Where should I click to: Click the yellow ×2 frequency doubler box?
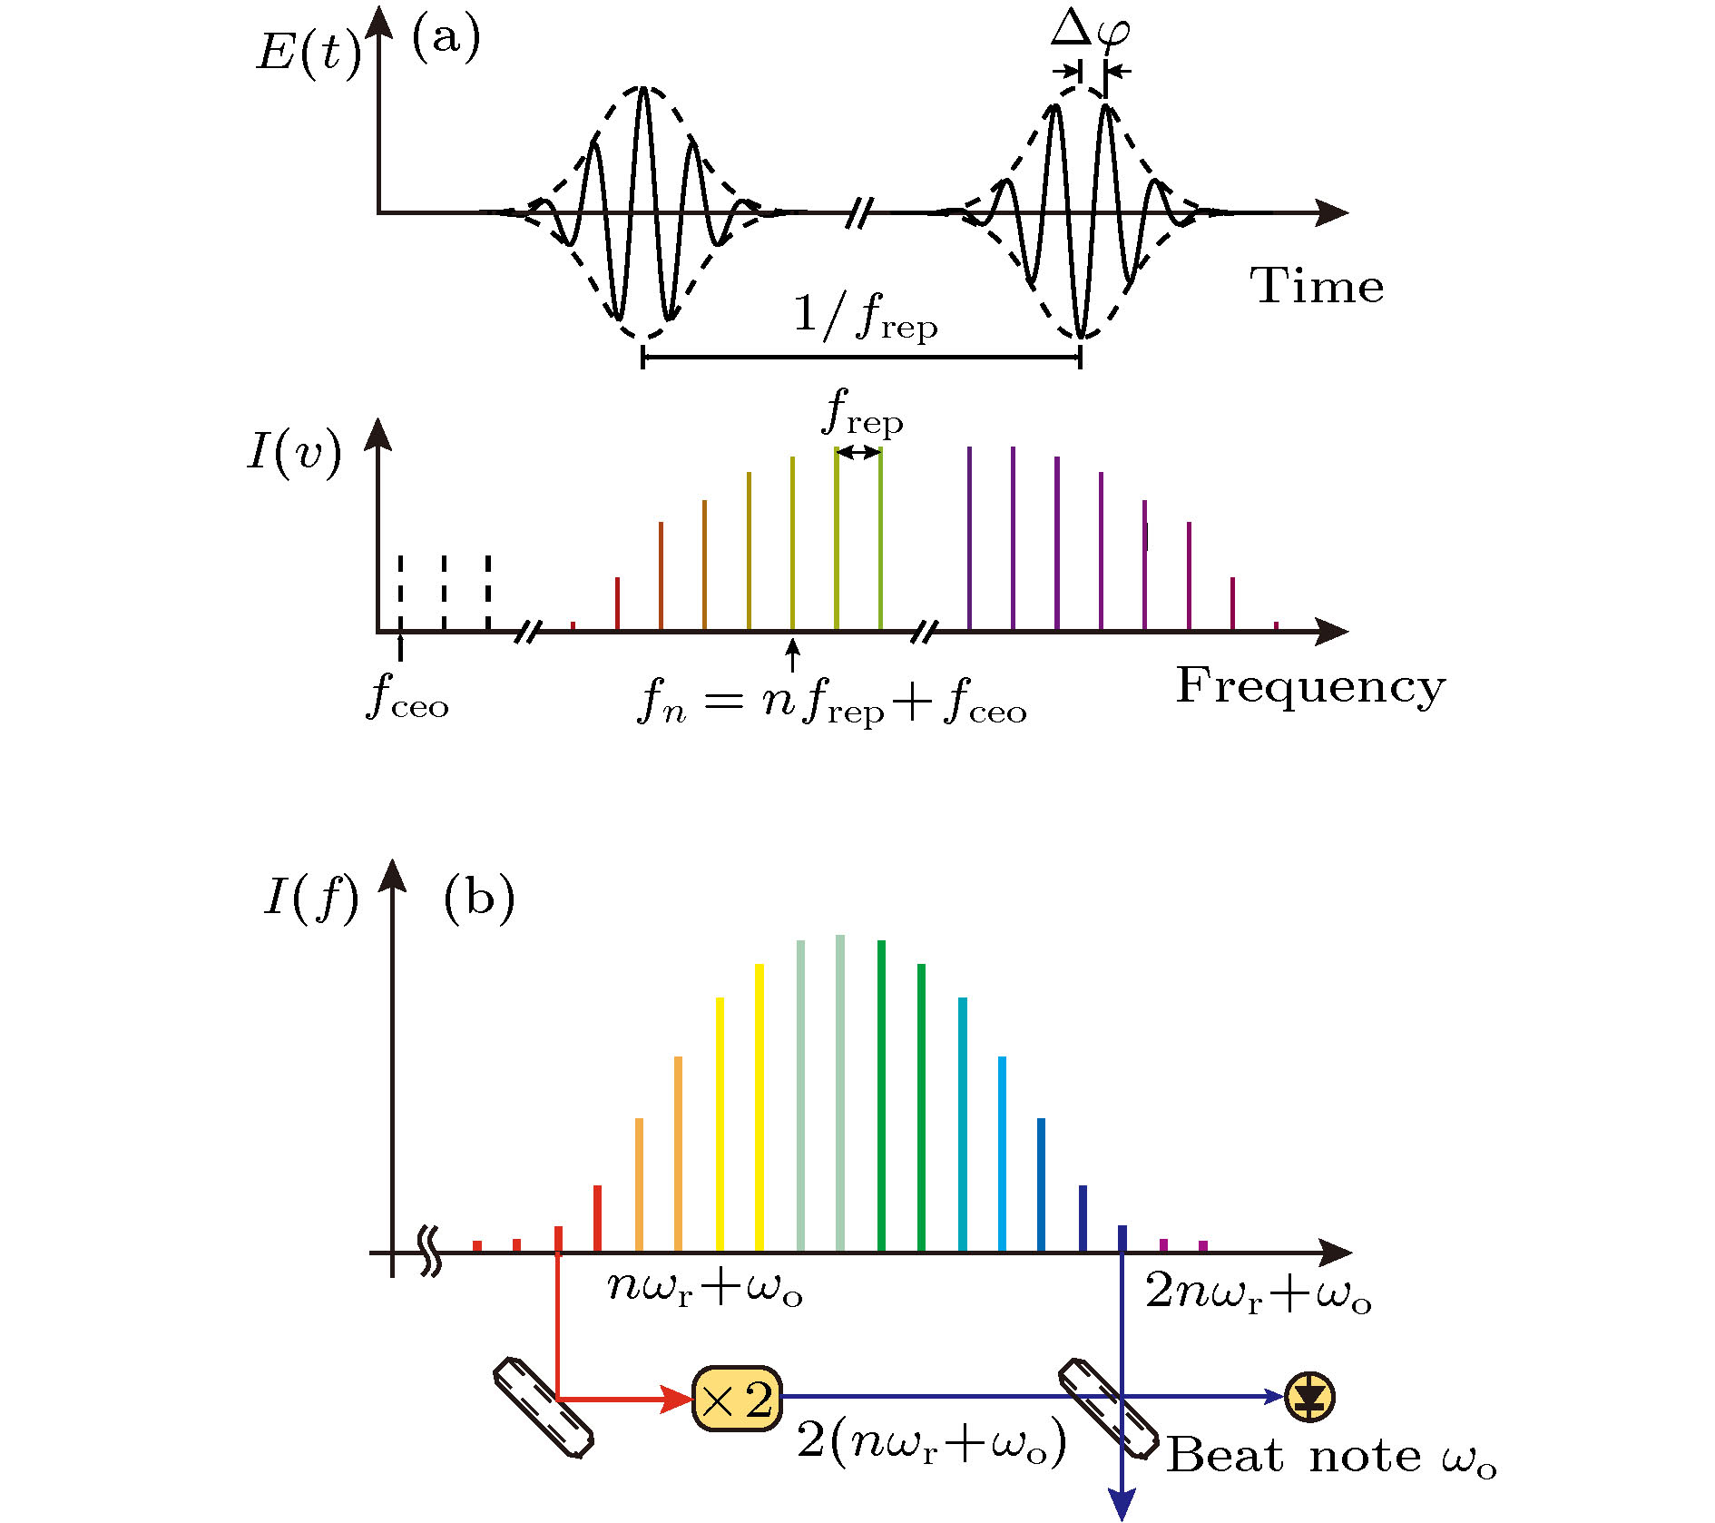click(x=737, y=1399)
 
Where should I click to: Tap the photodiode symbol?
click(x=1309, y=1397)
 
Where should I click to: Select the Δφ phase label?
click(x=1091, y=30)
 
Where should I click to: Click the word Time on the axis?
click(x=1317, y=286)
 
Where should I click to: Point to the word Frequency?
click(x=1310, y=686)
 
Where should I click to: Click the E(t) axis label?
click(x=309, y=51)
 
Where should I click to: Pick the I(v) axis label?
click(x=295, y=451)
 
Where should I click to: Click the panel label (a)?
click(x=446, y=39)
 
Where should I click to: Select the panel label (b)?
click(x=478, y=898)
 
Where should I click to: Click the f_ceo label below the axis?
click(x=407, y=699)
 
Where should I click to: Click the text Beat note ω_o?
click(x=1330, y=1457)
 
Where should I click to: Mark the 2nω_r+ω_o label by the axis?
click(x=1258, y=1292)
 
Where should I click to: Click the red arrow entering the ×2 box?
click(x=626, y=1399)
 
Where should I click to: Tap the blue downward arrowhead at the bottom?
click(x=1122, y=1505)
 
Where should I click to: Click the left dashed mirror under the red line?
click(x=544, y=1408)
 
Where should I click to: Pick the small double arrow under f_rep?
click(x=858, y=452)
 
